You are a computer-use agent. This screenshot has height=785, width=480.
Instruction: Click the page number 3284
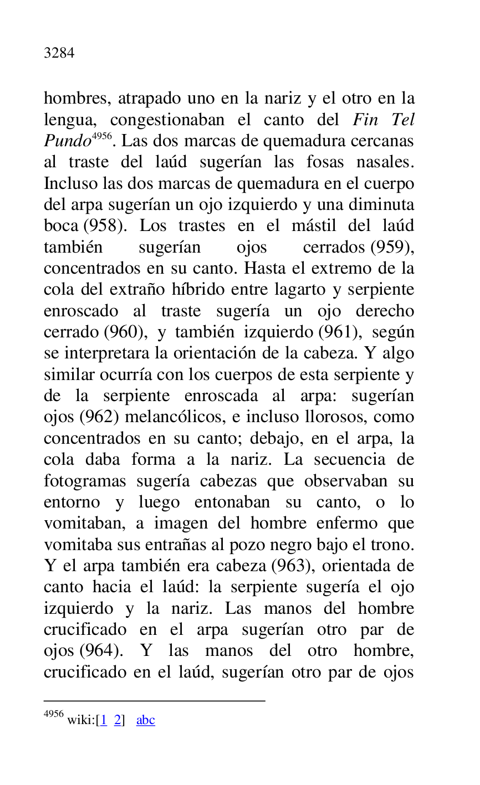[59, 53]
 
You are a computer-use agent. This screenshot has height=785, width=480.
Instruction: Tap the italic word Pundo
[67, 141]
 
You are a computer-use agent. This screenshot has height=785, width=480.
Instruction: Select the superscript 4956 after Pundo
[101, 136]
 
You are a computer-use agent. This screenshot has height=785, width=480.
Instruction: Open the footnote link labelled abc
[146, 720]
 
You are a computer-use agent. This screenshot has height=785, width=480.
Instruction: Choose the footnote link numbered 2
[118, 720]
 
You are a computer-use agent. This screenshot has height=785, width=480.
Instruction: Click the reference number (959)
[390, 247]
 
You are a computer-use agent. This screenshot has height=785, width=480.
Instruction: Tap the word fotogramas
[85, 481]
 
